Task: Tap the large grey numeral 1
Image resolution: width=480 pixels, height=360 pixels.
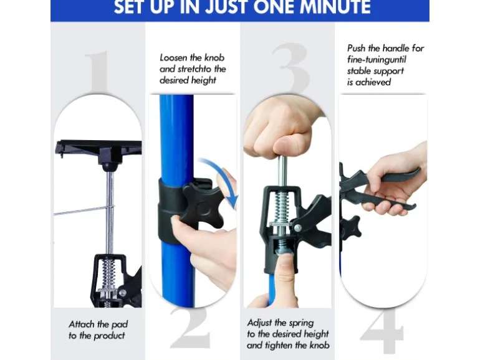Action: click(x=97, y=73)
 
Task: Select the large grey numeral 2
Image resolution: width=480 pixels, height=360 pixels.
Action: click(x=190, y=327)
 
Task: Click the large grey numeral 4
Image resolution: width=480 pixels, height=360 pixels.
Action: click(x=382, y=332)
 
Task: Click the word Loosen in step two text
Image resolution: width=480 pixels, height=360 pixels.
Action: click(x=173, y=57)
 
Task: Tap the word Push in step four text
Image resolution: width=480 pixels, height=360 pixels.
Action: click(x=357, y=48)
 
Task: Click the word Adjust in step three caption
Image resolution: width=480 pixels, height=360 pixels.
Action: click(x=259, y=323)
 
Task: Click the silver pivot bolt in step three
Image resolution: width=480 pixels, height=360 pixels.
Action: click(x=297, y=227)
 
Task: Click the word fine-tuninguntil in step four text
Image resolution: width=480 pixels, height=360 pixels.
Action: click(x=377, y=59)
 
